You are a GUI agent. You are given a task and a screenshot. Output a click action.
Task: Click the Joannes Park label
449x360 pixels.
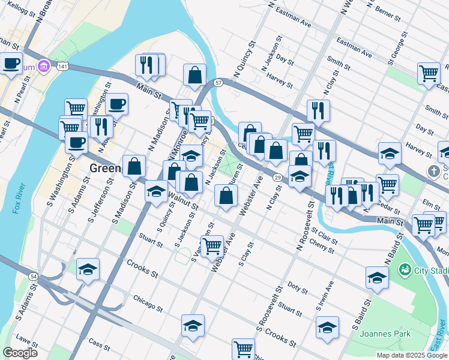click(x=385, y=333)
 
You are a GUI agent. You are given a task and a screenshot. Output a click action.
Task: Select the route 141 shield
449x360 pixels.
click(x=62, y=67)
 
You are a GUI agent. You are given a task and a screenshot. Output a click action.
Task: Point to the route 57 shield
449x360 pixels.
click(x=218, y=82)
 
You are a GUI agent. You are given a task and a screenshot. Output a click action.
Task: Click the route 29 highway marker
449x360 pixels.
click(x=277, y=178)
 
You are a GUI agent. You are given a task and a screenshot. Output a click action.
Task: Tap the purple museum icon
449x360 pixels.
click(x=43, y=65)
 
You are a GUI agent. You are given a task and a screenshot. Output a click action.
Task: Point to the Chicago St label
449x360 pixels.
click(x=148, y=304)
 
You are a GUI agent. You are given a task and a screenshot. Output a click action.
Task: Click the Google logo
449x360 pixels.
click(x=19, y=353)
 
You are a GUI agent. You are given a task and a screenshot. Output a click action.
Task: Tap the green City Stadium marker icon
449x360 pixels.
click(x=406, y=269)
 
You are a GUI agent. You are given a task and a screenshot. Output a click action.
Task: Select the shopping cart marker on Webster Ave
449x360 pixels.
click(x=212, y=246)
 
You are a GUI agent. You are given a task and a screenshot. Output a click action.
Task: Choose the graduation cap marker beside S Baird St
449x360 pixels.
click(x=376, y=277)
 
